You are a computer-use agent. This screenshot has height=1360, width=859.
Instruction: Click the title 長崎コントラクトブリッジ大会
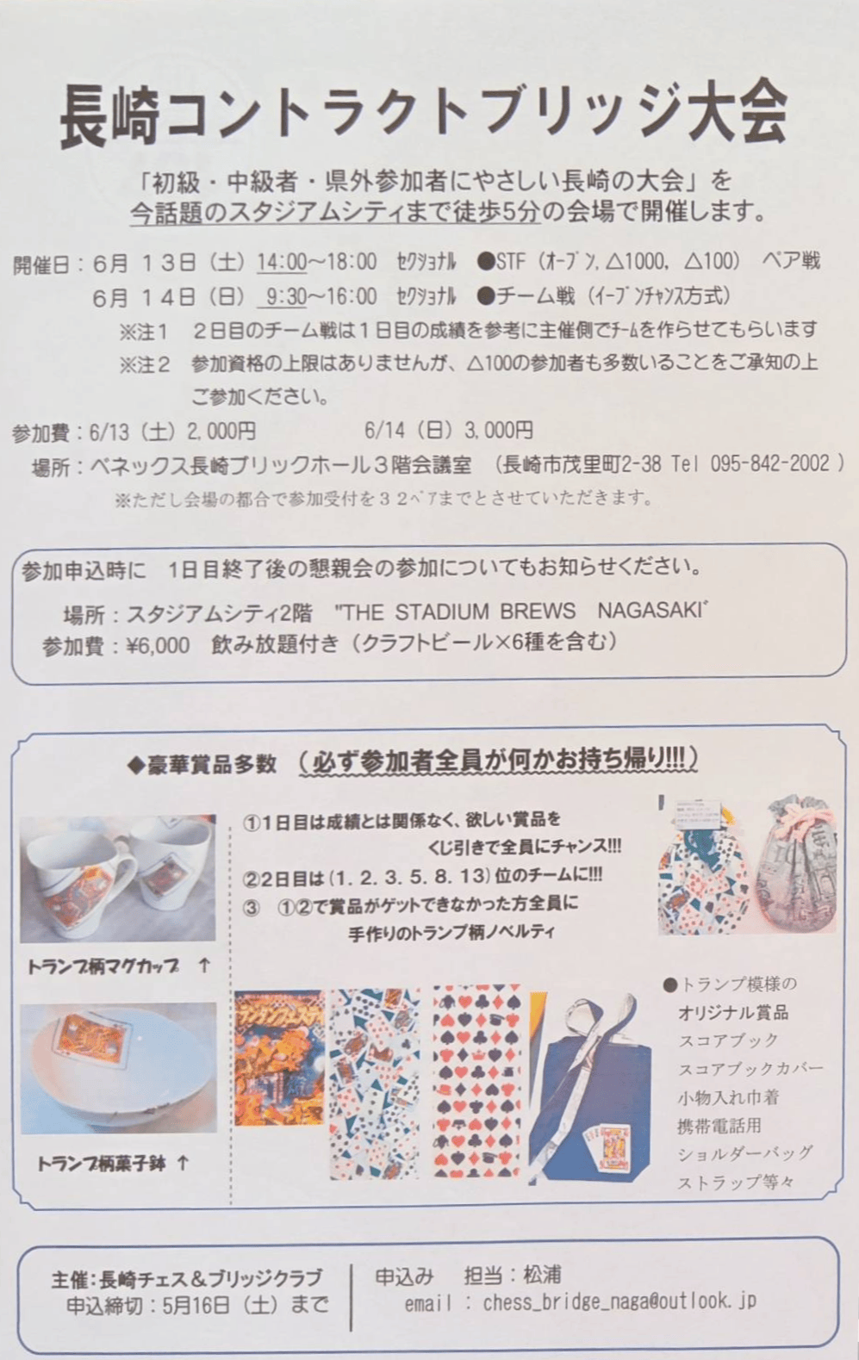[423, 112]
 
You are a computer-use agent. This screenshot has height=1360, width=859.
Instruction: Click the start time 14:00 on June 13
[282, 261]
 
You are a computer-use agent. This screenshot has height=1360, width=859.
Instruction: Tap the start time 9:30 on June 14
[286, 297]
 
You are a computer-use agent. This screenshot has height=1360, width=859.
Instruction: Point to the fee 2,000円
[216, 430]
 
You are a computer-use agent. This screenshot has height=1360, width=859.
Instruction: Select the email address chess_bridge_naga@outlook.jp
[619, 1301]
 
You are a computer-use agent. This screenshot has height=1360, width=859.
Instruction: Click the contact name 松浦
[542, 1274]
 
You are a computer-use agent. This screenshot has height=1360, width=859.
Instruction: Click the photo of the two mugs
[118, 879]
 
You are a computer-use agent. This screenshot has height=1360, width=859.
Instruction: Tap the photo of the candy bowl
[118, 1067]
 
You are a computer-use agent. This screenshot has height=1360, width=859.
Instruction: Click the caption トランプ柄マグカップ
[103, 966]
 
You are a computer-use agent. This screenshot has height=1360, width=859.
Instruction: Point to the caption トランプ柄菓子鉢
[103, 1164]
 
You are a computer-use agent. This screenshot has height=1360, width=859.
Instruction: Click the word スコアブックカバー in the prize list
[750, 1069]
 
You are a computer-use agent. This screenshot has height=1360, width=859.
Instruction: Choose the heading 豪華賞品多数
[211, 763]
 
